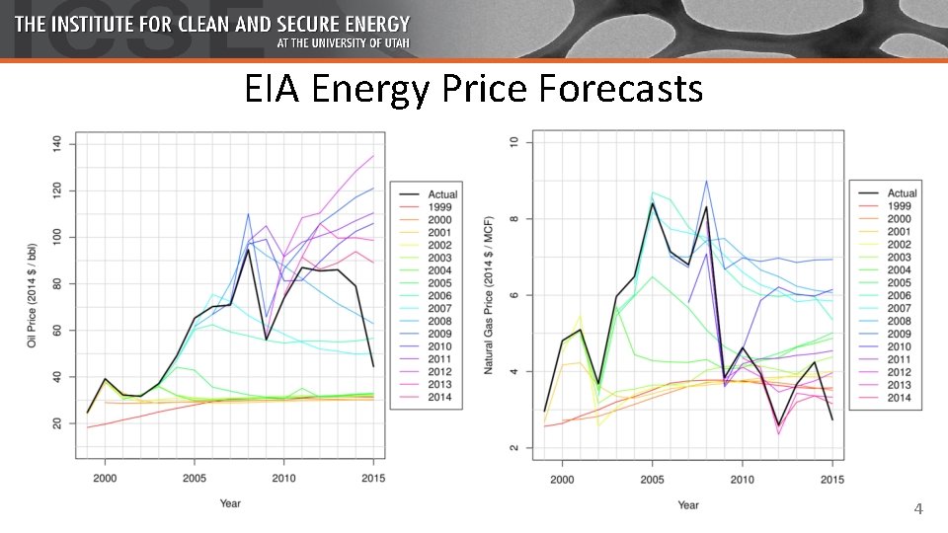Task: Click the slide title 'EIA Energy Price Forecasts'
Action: pyautogui.click(x=474, y=90)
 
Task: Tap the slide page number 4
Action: pyautogui.click(x=918, y=509)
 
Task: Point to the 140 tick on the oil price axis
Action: pyautogui.click(x=57, y=143)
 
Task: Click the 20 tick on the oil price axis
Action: pyautogui.click(x=57, y=423)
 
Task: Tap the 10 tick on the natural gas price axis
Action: pyautogui.click(x=514, y=143)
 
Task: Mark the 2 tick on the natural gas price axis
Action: pyautogui.click(x=514, y=448)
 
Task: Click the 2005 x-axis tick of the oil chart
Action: pyautogui.click(x=194, y=478)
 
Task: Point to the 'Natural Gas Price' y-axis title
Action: pyautogui.click(x=488, y=296)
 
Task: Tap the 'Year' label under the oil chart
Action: pyautogui.click(x=229, y=503)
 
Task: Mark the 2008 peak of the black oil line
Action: pyautogui.click(x=247, y=249)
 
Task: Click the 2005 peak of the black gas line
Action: pyautogui.click(x=653, y=203)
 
